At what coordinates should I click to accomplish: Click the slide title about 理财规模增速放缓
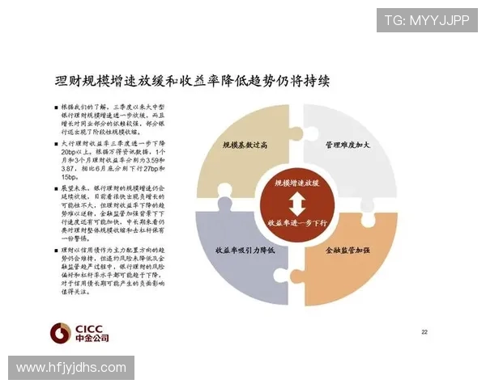coord(192,82)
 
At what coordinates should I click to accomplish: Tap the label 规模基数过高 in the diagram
coord(245,145)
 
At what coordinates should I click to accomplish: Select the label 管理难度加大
coord(347,145)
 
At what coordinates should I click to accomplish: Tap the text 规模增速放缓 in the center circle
coord(297,183)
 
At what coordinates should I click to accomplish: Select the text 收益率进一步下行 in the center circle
coord(297,221)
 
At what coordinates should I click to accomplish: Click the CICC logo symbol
coord(61,332)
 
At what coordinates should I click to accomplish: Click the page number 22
coord(424,332)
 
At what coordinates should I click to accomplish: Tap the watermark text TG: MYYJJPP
coord(426,20)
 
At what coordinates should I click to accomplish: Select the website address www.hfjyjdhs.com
coord(71,368)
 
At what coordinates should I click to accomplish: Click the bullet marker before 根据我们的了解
coord(56,107)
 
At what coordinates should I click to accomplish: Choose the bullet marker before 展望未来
coord(56,188)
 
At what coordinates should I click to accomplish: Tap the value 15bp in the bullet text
coord(69,178)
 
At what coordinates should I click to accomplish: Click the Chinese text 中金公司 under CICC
coord(92,338)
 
